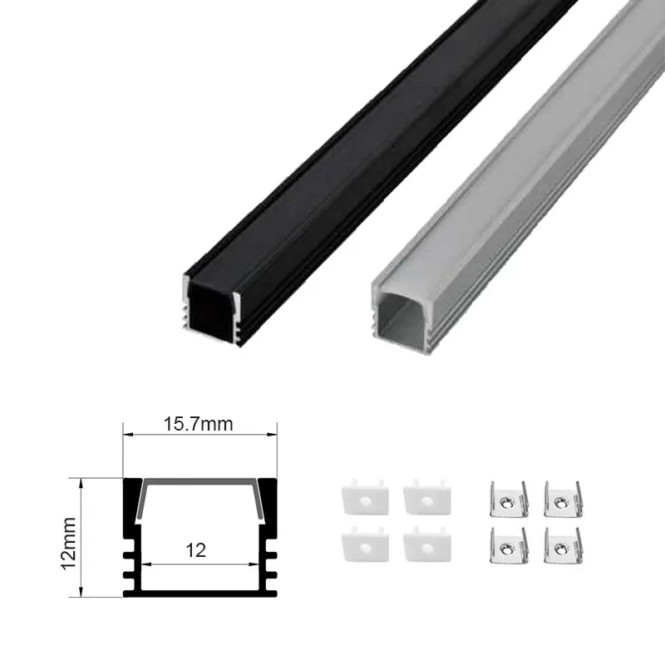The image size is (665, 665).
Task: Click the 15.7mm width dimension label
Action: pos(199,424)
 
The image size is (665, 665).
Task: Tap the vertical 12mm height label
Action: pos(69,544)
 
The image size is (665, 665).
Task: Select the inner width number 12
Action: pos(195,550)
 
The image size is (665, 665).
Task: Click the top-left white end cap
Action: pos(365,497)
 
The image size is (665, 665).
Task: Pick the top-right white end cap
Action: pos(427,497)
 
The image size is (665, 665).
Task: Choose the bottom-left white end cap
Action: pos(365,544)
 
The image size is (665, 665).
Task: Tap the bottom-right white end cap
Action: pos(427,544)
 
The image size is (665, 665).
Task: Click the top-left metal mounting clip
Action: pos(509,500)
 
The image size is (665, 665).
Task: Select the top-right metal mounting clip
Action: pos(563,500)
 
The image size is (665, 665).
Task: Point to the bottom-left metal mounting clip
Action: pos(509,546)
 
